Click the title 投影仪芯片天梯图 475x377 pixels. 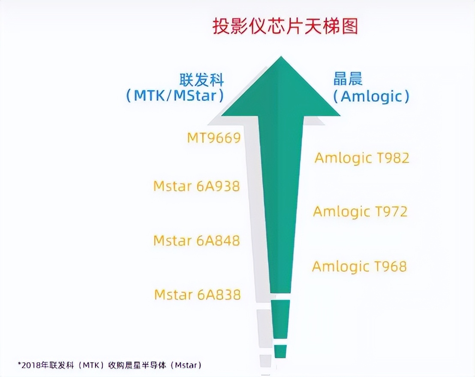(285, 27)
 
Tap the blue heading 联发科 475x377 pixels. (201, 80)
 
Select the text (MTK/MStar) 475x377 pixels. (175, 96)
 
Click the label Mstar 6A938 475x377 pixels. (196, 186)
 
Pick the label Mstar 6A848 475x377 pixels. (196, 240)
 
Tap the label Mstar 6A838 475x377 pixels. (197, 295)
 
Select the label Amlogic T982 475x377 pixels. (362, 158)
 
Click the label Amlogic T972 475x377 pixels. (361, 212)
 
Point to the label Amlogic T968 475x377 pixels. (359, 266)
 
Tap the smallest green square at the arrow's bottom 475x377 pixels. (280, 351)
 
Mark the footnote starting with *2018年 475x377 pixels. (110, 365)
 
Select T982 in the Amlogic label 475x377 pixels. (393, 158)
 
